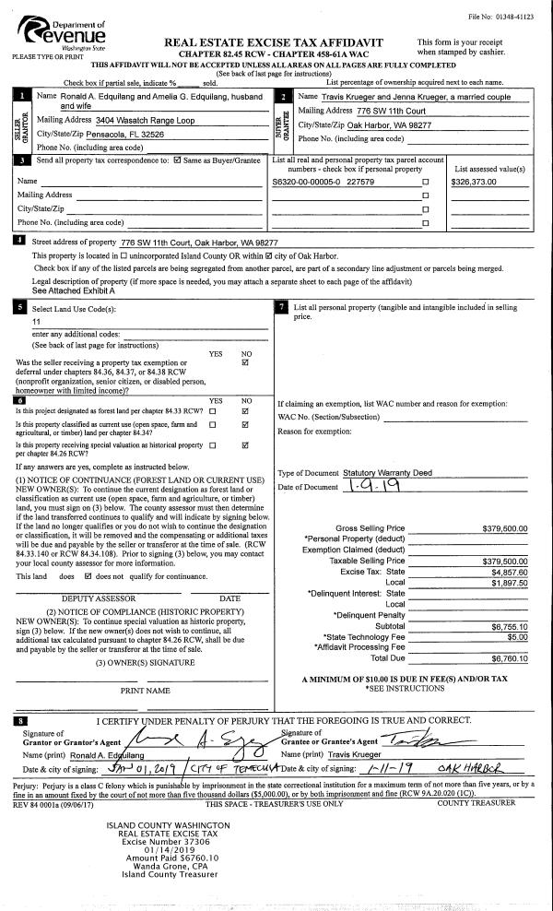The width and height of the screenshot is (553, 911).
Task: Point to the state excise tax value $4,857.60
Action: tap(508, 572)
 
